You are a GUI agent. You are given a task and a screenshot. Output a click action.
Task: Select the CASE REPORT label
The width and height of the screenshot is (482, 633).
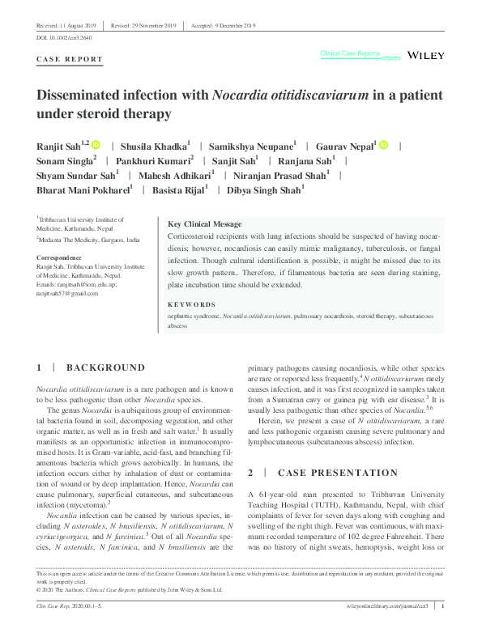[70, 59]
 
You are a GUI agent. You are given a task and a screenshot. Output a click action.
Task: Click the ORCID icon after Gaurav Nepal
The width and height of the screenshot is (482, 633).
[383, 145]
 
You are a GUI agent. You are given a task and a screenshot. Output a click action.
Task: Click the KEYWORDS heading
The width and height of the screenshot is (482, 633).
[192, 305]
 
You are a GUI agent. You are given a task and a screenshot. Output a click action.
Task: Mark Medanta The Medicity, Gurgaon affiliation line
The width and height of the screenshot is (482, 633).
[89, 240]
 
